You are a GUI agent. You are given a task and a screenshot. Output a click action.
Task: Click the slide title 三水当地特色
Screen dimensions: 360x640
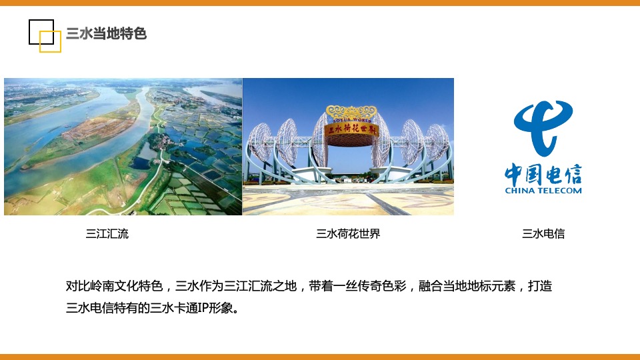click(x=107, y=33)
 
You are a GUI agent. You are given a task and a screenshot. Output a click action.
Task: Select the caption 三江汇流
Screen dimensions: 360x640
click(x=107, y=234)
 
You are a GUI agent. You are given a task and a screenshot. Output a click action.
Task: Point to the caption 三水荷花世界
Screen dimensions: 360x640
click(x=348, y=234)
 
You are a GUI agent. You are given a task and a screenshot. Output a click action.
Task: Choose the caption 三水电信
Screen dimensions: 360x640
click(x=543, y=234)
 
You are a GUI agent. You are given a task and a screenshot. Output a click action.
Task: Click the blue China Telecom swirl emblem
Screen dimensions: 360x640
click(x=543, y=127)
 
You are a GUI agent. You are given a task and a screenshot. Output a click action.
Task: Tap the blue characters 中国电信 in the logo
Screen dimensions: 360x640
click(x=543, y=175)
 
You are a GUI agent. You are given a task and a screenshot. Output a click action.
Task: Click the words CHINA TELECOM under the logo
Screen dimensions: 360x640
click(x=543, y=191)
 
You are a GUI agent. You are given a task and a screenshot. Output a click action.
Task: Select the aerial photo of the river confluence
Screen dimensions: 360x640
click(x=123, y=147)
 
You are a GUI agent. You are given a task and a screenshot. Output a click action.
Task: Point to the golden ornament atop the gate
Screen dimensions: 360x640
click(x=351, y=111)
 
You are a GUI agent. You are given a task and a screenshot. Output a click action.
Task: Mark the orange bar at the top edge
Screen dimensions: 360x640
click(x=320, y=3)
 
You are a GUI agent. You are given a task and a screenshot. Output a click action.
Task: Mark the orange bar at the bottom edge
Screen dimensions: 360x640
click(x=320, y=357)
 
